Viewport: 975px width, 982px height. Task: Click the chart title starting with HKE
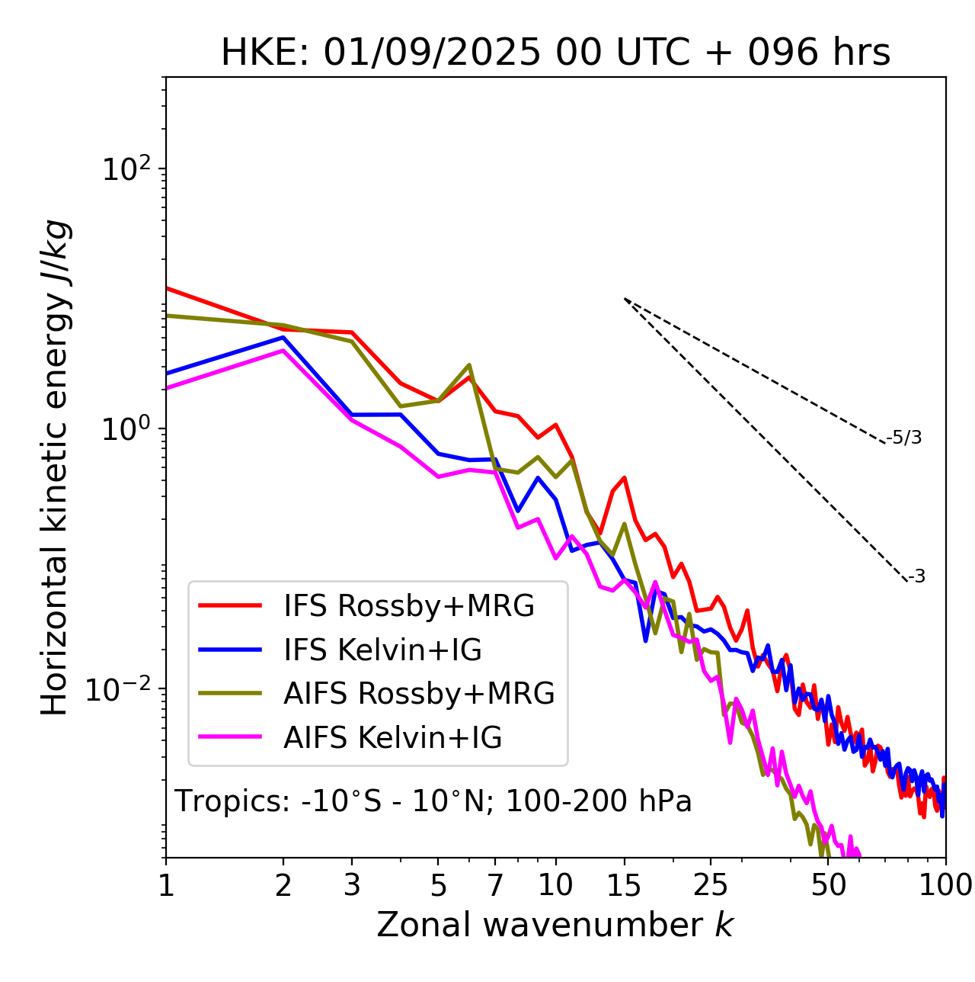coord(555,53)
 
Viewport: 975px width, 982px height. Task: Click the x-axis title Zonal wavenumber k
coord(555,924)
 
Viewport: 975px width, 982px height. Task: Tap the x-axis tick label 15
coord(624,884)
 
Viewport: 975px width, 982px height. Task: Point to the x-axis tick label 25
coord(710,884)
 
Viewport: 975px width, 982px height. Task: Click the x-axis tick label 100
coord(945,884)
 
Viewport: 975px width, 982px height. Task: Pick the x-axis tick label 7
coord(495,884)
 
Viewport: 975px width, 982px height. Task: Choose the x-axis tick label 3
coord(352,884)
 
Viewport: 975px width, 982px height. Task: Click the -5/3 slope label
coord(904,438)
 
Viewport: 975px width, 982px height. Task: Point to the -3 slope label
coord(916,577)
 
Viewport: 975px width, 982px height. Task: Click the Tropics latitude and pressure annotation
coord(433,801)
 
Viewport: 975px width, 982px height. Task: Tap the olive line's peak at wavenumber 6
coord(469,365)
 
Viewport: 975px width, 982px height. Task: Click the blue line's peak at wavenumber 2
coord(283,337)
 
